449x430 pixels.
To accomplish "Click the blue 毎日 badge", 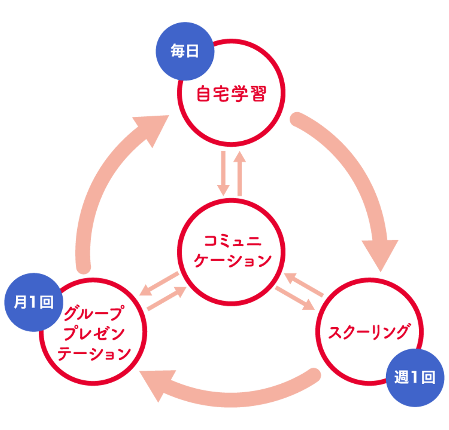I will click(184, 51).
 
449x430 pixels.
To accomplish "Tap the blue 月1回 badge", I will click(33, 302).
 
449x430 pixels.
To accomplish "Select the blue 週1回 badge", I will click(415, 378).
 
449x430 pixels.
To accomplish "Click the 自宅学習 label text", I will click(231, 93).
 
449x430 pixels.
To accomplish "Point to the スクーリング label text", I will click(369, 332).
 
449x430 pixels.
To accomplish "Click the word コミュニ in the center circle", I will click(232, 241).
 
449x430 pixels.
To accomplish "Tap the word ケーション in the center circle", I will click(232, 260).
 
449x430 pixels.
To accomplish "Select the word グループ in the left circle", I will click(94, 313).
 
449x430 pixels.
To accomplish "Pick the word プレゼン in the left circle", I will click(94, 334).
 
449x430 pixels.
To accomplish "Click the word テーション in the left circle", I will click(94, 354).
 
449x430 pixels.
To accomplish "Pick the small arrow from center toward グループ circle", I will click(159, 283).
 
